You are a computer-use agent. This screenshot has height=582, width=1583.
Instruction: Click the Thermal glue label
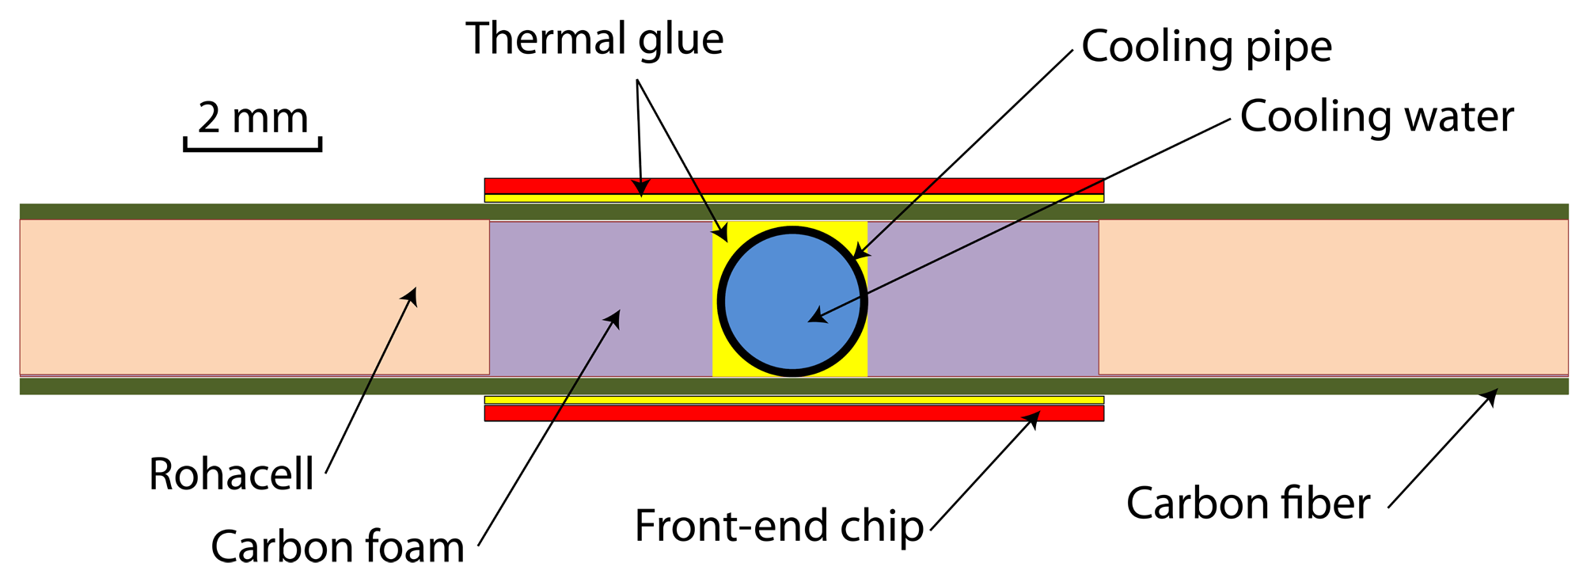pyautogui.click(x=594, y=40)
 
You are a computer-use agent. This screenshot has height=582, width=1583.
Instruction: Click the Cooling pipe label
pyautogui.click(x=1206, y=48)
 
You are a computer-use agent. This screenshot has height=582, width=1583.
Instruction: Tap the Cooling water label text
pyautogui.click(x=1376, y=117)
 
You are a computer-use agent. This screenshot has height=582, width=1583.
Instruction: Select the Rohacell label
pyautogui.click(x=231, y=474)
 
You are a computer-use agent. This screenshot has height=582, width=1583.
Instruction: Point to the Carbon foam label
pyautogui.click(x=337, y=546)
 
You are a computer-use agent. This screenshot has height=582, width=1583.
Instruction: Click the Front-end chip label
pyautogui.click(x=779, y=526)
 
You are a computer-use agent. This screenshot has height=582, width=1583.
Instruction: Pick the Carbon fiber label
pyautogui.click(x=1247, y=504)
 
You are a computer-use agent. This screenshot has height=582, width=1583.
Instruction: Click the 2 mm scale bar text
pyautogui.click(x=252, y=119)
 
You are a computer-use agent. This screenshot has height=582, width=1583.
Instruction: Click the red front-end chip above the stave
pyautogui.click(x=794, y=186)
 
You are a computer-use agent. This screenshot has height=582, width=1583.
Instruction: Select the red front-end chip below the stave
pyautogui.click(x=794, y=413)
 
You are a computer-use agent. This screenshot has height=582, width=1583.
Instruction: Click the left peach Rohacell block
pyautogui.click(x=253, y=297)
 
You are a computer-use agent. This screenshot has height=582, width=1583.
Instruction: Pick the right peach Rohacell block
pyautogui.click(x=1333, y=297)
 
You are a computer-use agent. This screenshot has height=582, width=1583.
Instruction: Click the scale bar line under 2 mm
pyautogui.click(x=252, y=148)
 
